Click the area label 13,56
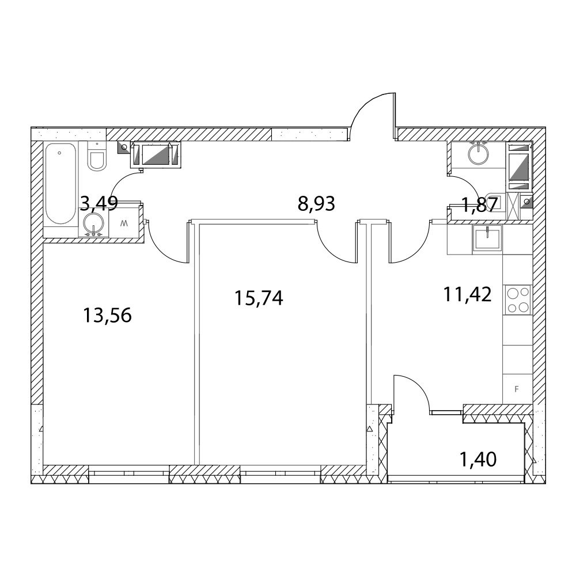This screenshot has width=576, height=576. tap(107, 315)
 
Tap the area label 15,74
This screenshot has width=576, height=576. tap(259, 298)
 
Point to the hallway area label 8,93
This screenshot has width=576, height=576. tap(316, 203)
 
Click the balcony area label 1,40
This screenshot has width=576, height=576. tap(478, 459)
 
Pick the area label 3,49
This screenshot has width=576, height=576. tap(99, 203)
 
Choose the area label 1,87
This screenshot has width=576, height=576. tap(480, 204)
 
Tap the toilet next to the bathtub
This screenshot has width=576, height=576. tap(97, 156)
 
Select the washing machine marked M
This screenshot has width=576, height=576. tap(126, 222)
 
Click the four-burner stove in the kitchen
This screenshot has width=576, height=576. tap(518, 300)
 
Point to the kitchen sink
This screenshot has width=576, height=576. tap(487, 238)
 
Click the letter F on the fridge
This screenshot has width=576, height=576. tap(517, 389)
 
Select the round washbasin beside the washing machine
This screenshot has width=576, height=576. tap(94, 223)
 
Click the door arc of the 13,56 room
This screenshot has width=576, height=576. tap(161, 251)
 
